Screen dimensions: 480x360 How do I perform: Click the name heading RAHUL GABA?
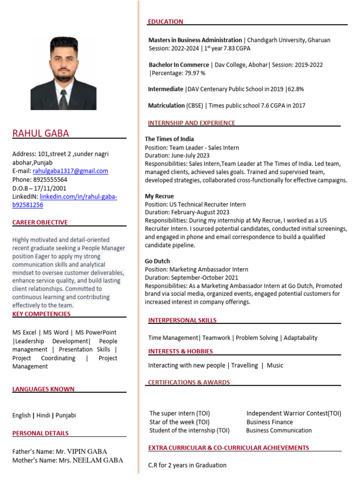pyautogui.click(x=40, y=133)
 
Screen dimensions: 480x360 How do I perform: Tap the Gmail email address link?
pyautogui.click(x=70, y=171)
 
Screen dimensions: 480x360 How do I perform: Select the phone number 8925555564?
pyautogui.click(x=50, y=180)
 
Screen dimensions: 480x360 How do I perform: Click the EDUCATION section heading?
pyautogui.click(x=165, y=22)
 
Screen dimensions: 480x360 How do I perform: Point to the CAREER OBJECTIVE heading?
pyautogui.click(x=40, y=222)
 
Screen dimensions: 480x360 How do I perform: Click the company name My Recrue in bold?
pyautogui.click(x=159, y=196)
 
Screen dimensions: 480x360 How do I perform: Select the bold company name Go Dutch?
pyautogui.click(x=157, y=261)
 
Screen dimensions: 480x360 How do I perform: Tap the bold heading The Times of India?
pyautogui.click(x=169, y=139)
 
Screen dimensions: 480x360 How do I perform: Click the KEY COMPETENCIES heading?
pyautogui.click(x=41, y=314)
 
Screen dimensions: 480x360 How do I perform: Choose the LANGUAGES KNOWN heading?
pyautogui.click(x=43, y=389)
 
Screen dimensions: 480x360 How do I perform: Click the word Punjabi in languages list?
pyautogui.click(x=66, y=415)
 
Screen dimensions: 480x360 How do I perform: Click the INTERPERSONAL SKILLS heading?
pyautogui.click(x=182, y=320)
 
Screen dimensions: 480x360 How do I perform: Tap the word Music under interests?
pyautogui.click(x=275, y=365)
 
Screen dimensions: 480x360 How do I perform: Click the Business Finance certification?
pyautogui.click(x=270, y=422)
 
